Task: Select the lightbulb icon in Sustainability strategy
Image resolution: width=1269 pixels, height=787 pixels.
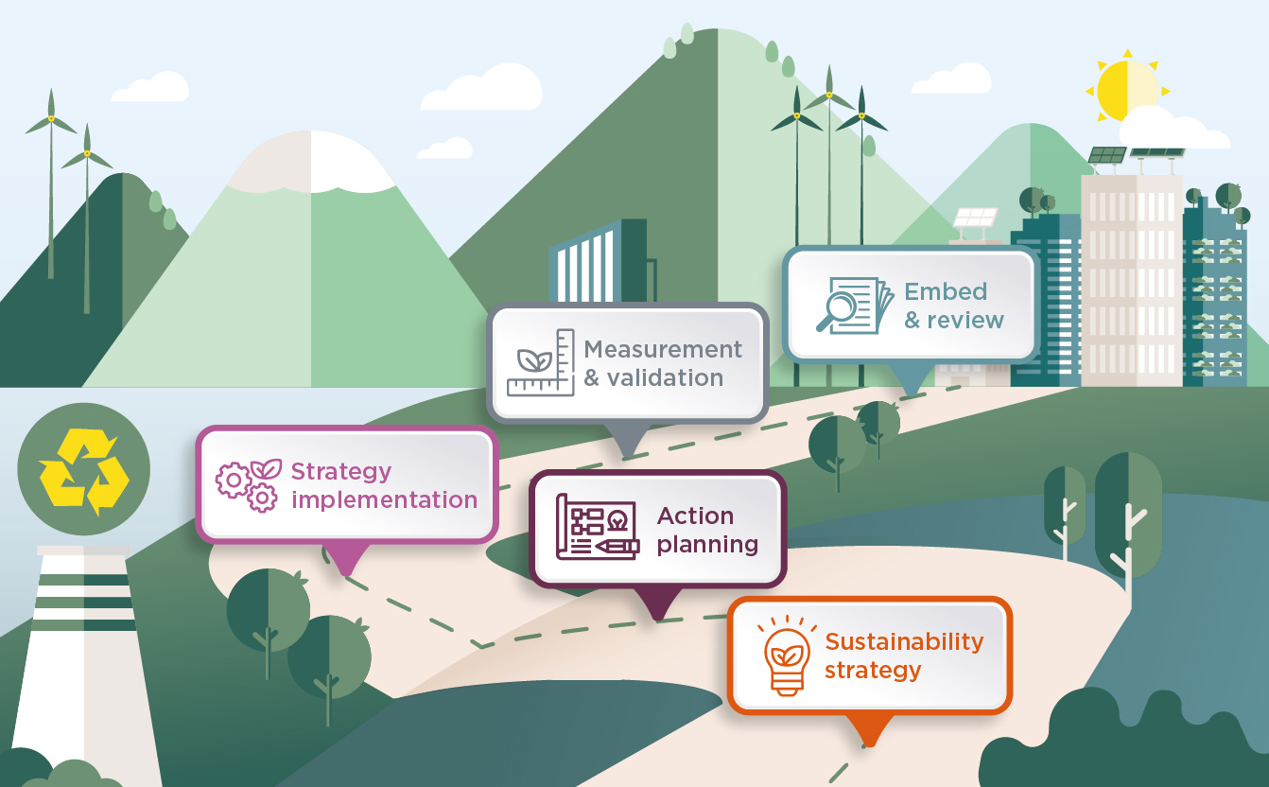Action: [787, 656]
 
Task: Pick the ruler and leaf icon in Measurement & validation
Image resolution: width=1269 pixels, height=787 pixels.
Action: [541, 362]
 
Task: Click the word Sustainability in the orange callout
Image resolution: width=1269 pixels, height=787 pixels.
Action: [904, 642]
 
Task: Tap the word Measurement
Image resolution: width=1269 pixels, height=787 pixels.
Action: [662, 349]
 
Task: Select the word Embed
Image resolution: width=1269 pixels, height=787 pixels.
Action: [946, 291]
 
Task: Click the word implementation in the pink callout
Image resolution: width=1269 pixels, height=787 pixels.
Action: [384, 499]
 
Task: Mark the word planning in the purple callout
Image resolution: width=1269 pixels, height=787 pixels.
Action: [707, 544]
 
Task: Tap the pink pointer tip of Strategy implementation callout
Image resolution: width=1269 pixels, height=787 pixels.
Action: [344, 569]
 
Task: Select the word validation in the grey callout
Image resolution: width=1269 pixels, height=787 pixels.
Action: [665, 377]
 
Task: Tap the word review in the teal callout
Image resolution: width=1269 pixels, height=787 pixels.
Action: [965, 320]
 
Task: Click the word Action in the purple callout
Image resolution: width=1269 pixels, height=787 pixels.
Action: [695, 516]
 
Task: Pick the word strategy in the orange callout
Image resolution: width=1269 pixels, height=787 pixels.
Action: [872, 671]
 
